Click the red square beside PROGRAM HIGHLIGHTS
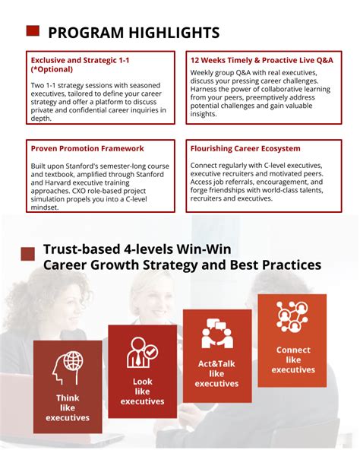[x=33, y=30]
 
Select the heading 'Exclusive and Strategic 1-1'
[x=80, y=60]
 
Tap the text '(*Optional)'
[x=52, y=69]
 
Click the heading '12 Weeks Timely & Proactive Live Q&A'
[x=261, y=60]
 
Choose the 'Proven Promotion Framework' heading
[x=87, y=149]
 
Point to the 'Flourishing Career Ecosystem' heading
[x=245, y=149]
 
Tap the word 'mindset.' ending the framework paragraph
[x=45, y=208]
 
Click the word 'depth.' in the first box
[x=41, y=119]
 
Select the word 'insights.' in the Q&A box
[x=204, y=114]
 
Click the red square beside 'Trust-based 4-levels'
[x=28, y=254]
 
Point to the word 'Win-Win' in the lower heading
[x=204, y=249]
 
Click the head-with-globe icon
[x=68, y=368]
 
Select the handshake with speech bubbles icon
[x=217, y=334]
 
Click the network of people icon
[x=292, y=317]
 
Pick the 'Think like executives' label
[x=68, y=407]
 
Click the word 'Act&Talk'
[x=216, y=364]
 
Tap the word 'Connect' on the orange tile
[x=293, y=350]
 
